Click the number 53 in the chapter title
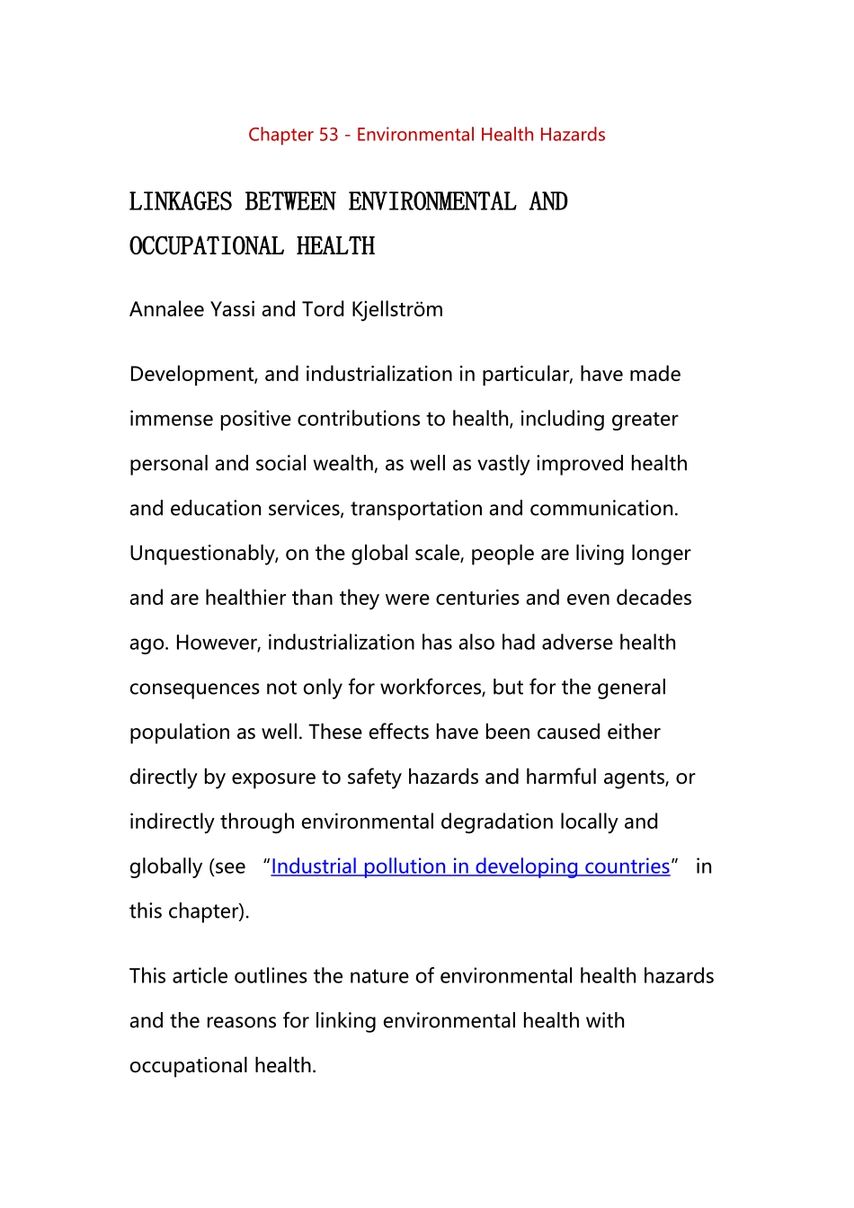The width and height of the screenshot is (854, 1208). coord(328,135)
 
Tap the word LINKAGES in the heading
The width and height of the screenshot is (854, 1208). coord(181,201)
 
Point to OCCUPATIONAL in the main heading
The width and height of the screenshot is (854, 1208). coord(207,246)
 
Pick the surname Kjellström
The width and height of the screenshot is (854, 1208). coord(396,309)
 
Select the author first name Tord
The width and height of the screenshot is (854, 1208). coord(323,309)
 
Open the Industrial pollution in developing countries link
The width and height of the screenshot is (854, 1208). coord(470,866)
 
